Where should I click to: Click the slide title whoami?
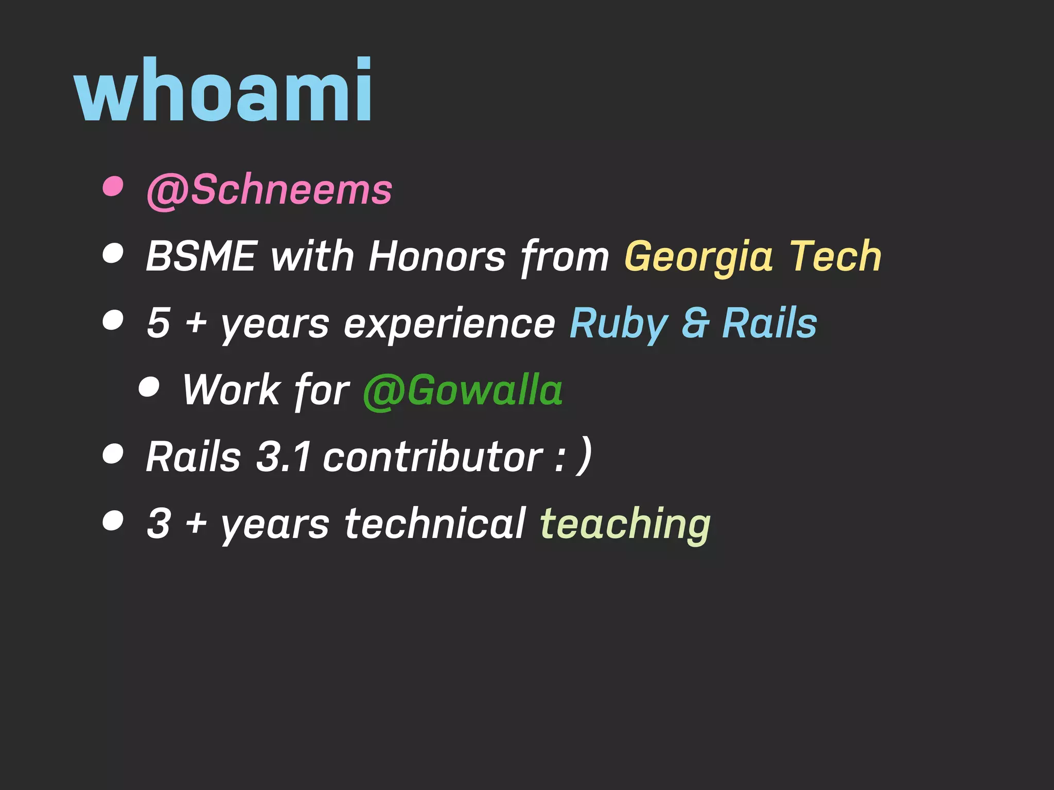point(223,91)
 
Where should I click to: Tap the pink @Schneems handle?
point(269,190)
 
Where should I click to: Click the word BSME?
point(201,256)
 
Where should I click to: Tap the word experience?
point(449,324)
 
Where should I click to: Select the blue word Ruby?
point(619,324)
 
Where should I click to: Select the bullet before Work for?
point(149,386)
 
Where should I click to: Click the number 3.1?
point(284,457)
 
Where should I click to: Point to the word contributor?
point(432,457)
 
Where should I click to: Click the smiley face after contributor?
point(574,456)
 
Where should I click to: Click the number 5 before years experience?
point(158,323)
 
